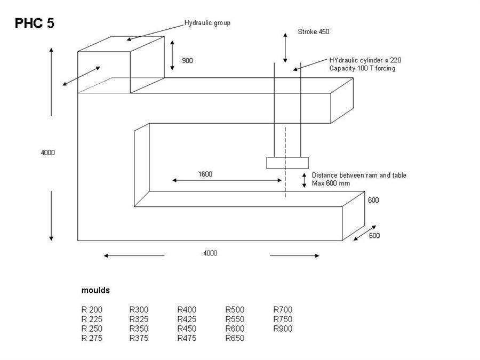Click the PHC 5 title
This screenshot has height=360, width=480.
(x=35, y=23)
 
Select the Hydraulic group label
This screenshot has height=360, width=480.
(x=207, y=23)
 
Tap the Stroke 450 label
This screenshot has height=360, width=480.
(x=314, y=31)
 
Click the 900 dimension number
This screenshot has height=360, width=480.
(x=187, y=60)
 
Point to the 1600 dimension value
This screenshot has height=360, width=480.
(x=205, y=174)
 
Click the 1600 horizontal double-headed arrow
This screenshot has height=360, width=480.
(x=227, y=180)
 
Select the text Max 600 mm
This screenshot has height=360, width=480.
(x=331, y=183)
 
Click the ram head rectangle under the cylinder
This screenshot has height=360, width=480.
(x=287, y=163)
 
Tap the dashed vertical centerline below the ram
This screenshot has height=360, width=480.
(x=285, y=162)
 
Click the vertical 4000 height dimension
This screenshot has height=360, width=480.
(x=48, y=153)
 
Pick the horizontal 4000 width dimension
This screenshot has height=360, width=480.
(x=210, y=253)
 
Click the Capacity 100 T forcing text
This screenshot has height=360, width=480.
(x=362, y=68)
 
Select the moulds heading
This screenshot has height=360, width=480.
(x=95, y=290)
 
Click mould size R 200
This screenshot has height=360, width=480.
(x=92, y=309)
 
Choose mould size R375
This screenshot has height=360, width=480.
(x=139, y=338)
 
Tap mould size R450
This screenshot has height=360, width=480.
(x=187, y=329)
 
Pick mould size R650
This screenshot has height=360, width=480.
(x=235, y=338)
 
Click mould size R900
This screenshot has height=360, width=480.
(x=283, y=329)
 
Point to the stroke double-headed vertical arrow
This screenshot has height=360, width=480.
(x=285, y=48)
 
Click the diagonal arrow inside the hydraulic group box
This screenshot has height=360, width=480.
(x=82, y=76)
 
